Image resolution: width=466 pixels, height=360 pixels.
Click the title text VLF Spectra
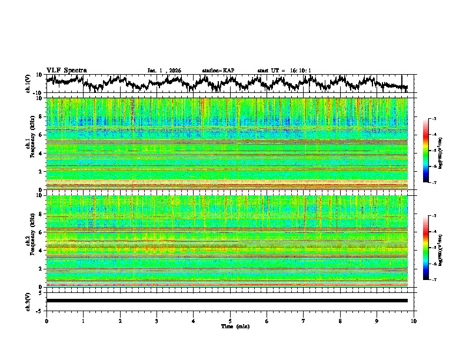click(x=66, y=70)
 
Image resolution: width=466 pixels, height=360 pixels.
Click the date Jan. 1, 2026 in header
click(x=164, y=71)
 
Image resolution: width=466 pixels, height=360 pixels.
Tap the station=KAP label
click(x=218, y=71)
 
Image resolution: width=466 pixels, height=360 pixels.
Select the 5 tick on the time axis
click(x=230, y=321)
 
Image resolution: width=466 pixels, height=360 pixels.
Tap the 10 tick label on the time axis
click(x=414, y=321)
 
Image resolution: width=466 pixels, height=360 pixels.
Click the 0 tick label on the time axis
click(x=46, y=321)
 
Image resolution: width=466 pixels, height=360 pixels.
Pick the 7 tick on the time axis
click(x=304, y=321)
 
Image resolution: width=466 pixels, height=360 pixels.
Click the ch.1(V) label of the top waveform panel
click(x=28, y=84)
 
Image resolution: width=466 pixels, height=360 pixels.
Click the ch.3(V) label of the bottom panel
click(x=28, y=301)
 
